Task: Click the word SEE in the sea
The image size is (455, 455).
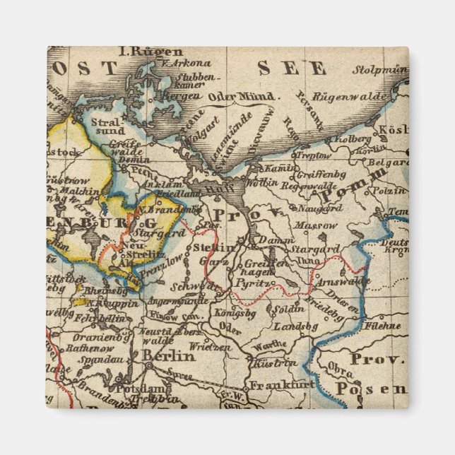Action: [x=291, y=69]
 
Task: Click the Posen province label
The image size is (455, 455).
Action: [x=371, y=389]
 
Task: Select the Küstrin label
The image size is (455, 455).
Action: [x=274, y=363]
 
